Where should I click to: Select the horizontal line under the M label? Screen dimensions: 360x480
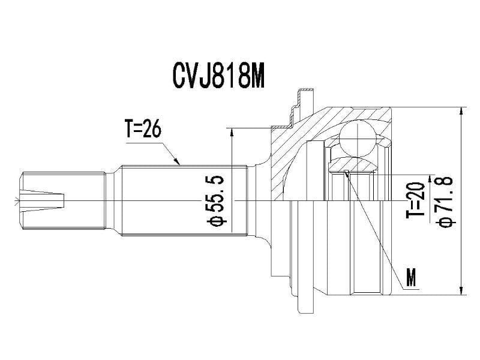410,289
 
